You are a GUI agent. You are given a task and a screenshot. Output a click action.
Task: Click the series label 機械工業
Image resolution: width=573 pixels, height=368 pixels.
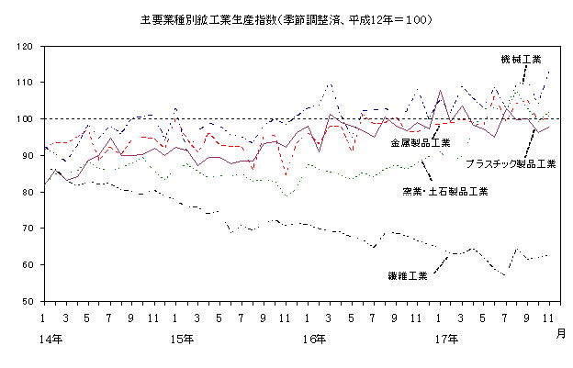521,59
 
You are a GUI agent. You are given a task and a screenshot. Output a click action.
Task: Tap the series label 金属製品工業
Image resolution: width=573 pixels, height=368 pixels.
420,143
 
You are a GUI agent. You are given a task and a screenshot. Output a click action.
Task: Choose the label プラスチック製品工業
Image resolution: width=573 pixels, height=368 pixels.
510,164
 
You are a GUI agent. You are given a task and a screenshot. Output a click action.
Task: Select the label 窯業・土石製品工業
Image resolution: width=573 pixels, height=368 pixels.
444,191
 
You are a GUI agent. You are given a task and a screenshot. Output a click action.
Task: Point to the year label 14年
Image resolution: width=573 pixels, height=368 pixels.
51,339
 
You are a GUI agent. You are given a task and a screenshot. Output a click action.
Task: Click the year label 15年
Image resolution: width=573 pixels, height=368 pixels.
183,339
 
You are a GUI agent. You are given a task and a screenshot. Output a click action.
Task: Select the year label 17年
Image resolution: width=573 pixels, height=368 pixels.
446,339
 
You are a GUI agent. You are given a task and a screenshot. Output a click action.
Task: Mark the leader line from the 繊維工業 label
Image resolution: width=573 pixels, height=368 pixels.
440,264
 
